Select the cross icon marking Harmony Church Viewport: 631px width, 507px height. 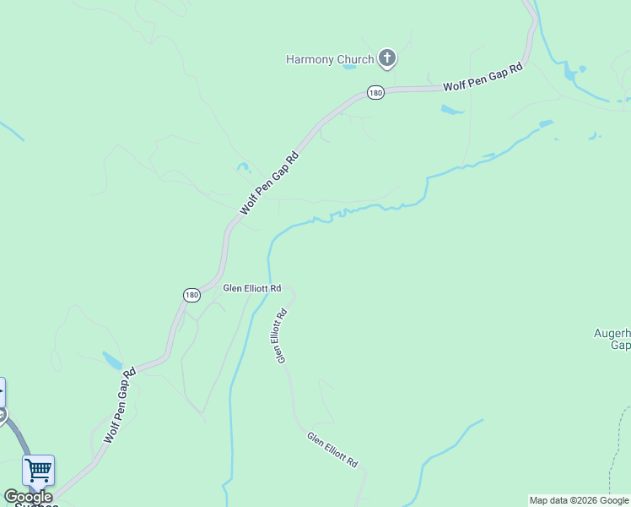(x=387, y=58)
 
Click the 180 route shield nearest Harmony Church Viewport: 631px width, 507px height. (x=375, y=92)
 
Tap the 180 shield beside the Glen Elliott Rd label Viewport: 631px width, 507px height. (x=191, y=294)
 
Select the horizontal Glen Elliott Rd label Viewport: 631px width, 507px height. (x=251, y=288)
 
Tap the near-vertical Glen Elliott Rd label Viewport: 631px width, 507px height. (x=281, y=335)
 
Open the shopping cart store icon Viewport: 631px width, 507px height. (x=38, y=470)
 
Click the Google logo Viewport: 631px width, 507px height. (x=27, y=497)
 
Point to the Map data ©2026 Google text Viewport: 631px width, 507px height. (x=579, y=500)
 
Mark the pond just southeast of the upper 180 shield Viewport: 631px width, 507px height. (x=452, y=110)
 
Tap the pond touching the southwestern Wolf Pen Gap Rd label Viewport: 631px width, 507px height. (x=112, y=361)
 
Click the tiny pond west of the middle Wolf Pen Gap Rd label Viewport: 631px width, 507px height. (x=244, y=168)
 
